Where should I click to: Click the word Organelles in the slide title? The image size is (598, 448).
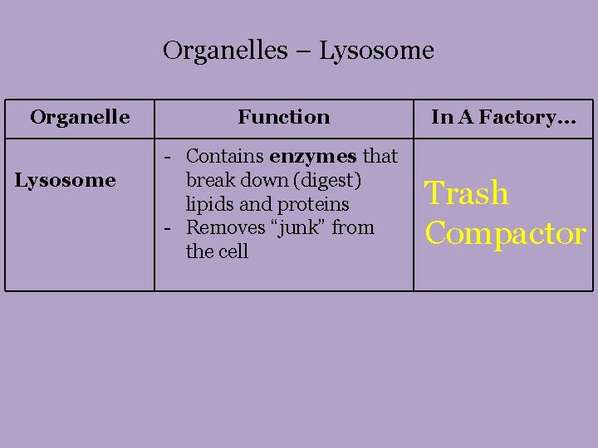coord(222,51)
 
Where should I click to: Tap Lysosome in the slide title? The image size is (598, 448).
coord(376,51)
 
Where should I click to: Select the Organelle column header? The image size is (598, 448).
coord(80,117)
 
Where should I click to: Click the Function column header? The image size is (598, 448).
coord(283,117)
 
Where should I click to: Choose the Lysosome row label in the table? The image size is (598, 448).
coord(65,180)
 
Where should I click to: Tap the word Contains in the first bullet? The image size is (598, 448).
coord(225,156)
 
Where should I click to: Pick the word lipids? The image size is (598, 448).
coord(209,204)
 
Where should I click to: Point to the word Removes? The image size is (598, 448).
coord(220,227)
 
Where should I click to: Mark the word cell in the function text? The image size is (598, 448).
coord(233,251)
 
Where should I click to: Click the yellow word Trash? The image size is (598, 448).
coord(467,193)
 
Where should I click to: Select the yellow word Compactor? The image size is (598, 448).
coord(505,233)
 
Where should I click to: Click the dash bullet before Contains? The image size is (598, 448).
coord(169,157)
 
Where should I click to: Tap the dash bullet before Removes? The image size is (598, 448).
coord(169,228)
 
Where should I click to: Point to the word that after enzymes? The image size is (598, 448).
coord(380,156)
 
